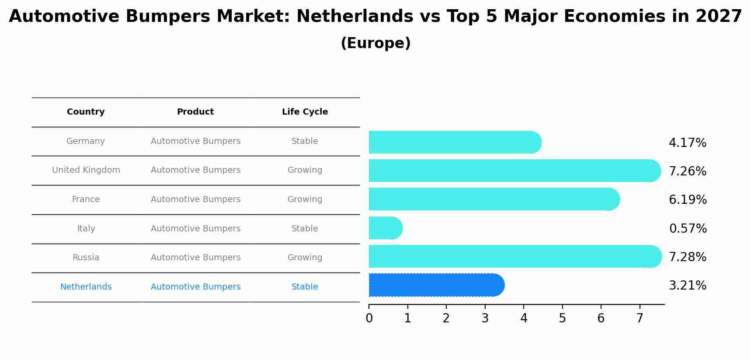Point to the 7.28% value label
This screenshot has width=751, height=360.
click(x=688, y=257)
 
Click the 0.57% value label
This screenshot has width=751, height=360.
click(x=688, y=229)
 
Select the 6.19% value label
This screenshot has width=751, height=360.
click(x=688, y=200)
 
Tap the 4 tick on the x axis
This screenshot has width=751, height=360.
click(x=524, y=318)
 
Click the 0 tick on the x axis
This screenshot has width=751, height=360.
click(x=369, y=318)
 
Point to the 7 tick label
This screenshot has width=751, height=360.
click(x=640, y=318)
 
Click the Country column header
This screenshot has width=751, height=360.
click(x=86, y=112)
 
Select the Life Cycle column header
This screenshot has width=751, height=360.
click(x=305, y=112)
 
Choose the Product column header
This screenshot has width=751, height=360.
click(x=195, y=112)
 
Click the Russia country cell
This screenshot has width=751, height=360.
click(x=86, y=258)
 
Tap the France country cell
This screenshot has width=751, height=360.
click(x=86, y=199)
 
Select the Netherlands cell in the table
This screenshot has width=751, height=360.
click(x=86, y=287)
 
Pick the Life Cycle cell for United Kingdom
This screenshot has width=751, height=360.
click(x=305, y=170)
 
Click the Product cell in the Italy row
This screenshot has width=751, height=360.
click(x=195, y=229)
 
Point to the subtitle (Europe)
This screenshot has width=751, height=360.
click(x=375, y=43)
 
